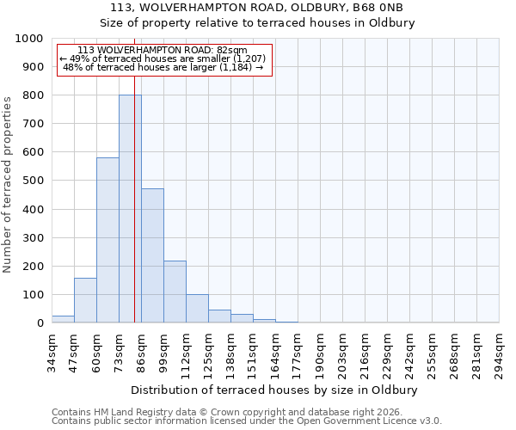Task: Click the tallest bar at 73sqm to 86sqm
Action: click(x=130, y=209)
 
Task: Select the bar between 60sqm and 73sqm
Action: click(x=107, y=240)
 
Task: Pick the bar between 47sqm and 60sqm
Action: click(x=85, y=300)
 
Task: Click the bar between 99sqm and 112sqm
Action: click(x=175, y=292)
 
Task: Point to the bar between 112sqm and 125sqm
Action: click(x=197, y=308)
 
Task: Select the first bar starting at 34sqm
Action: click(x=63, y=319)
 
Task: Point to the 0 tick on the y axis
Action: click(x=40, y=323)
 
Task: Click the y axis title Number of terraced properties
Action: click(x=8, y=184)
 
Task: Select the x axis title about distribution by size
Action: click(x=274, y=390)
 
